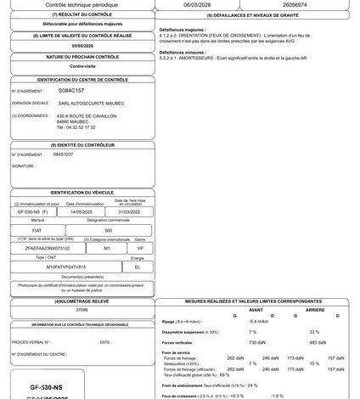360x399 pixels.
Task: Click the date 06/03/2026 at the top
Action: tap(200, 3)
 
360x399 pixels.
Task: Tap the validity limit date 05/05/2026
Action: tap(82, 48)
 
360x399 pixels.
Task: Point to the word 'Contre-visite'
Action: tap(82, 65)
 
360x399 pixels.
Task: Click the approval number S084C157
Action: tap(71, 88)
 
